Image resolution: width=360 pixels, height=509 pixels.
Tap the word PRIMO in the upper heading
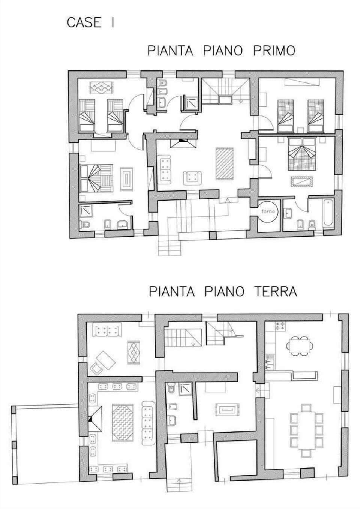274,51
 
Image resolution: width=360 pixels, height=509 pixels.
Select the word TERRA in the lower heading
276,292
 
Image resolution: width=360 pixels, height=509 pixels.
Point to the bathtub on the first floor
328,213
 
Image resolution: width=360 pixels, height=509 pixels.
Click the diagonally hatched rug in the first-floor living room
225,163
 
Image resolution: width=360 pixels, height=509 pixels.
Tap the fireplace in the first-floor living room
183,143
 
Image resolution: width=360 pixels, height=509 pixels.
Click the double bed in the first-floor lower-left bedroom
96,178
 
